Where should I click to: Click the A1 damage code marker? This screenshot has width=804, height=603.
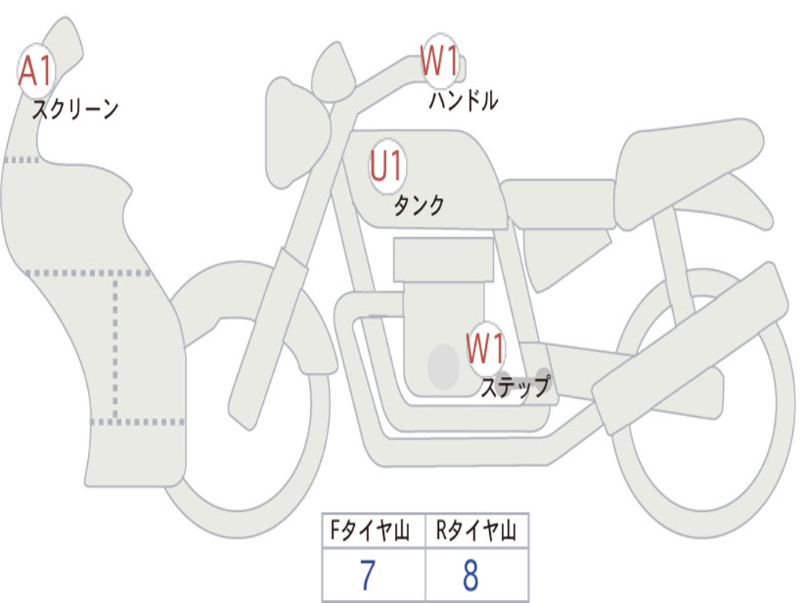pos(35,71)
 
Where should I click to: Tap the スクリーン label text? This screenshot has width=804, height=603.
pos(75,109)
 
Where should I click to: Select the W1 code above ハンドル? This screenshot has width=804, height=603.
pos(440,61)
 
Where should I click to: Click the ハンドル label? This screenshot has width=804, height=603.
pos(463,100)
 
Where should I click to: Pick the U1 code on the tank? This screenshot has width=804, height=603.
pos(386,167)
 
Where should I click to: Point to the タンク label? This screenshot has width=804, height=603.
pos(418,206)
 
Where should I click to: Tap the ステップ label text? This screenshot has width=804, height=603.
pos(514,387)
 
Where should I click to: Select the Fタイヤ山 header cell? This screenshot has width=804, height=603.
pos(373,532)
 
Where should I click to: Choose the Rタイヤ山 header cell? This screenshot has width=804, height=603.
pos(477,532)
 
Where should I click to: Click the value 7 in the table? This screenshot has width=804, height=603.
pos(368,576)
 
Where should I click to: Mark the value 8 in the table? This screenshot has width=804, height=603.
pos(470,576)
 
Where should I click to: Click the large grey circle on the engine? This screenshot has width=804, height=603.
pos(443,366)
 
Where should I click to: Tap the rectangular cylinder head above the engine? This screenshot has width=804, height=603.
pos(444,260)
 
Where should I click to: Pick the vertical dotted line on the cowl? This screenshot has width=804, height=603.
pos(116,345)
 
